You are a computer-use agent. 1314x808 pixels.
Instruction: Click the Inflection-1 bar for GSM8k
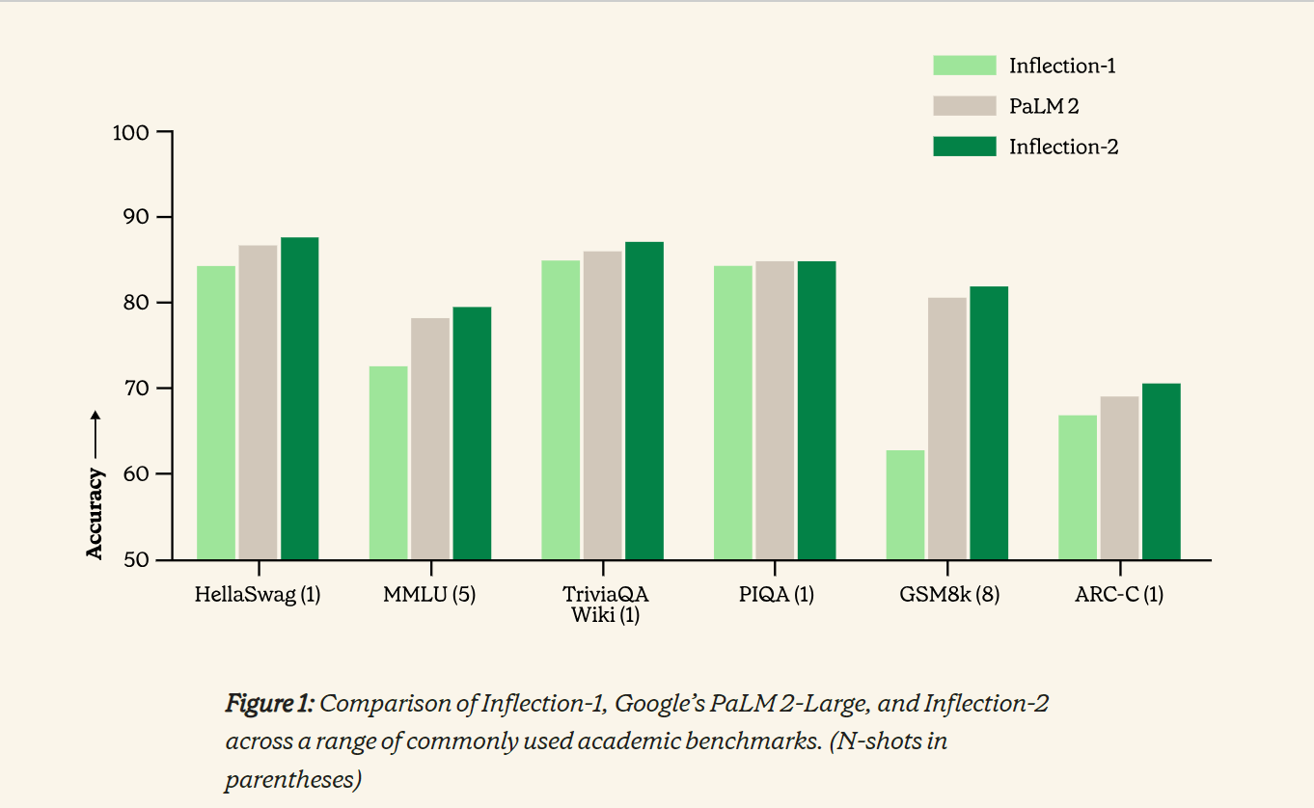point(905,504)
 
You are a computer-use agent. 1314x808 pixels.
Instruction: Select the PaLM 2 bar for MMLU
point(430,439)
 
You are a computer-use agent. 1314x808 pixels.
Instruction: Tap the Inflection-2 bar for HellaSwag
point(300,398)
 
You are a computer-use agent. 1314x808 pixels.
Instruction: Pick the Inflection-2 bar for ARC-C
point(1161,471)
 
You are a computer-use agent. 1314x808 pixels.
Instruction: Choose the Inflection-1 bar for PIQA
point(732,413)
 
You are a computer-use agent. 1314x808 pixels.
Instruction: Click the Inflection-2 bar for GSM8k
point(989,422)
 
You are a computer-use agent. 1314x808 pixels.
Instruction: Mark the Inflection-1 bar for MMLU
point(389,463)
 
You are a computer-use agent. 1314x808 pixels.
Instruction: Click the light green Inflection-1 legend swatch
point(964,66)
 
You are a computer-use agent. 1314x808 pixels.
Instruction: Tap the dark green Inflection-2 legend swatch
point(964,147)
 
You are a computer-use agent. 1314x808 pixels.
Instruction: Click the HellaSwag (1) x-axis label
point(258,595)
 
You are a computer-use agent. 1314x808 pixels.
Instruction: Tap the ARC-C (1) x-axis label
point(1119,595)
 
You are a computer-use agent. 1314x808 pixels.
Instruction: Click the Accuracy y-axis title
point(95,512)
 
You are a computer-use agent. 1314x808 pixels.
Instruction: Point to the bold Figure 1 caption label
point(269,704)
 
